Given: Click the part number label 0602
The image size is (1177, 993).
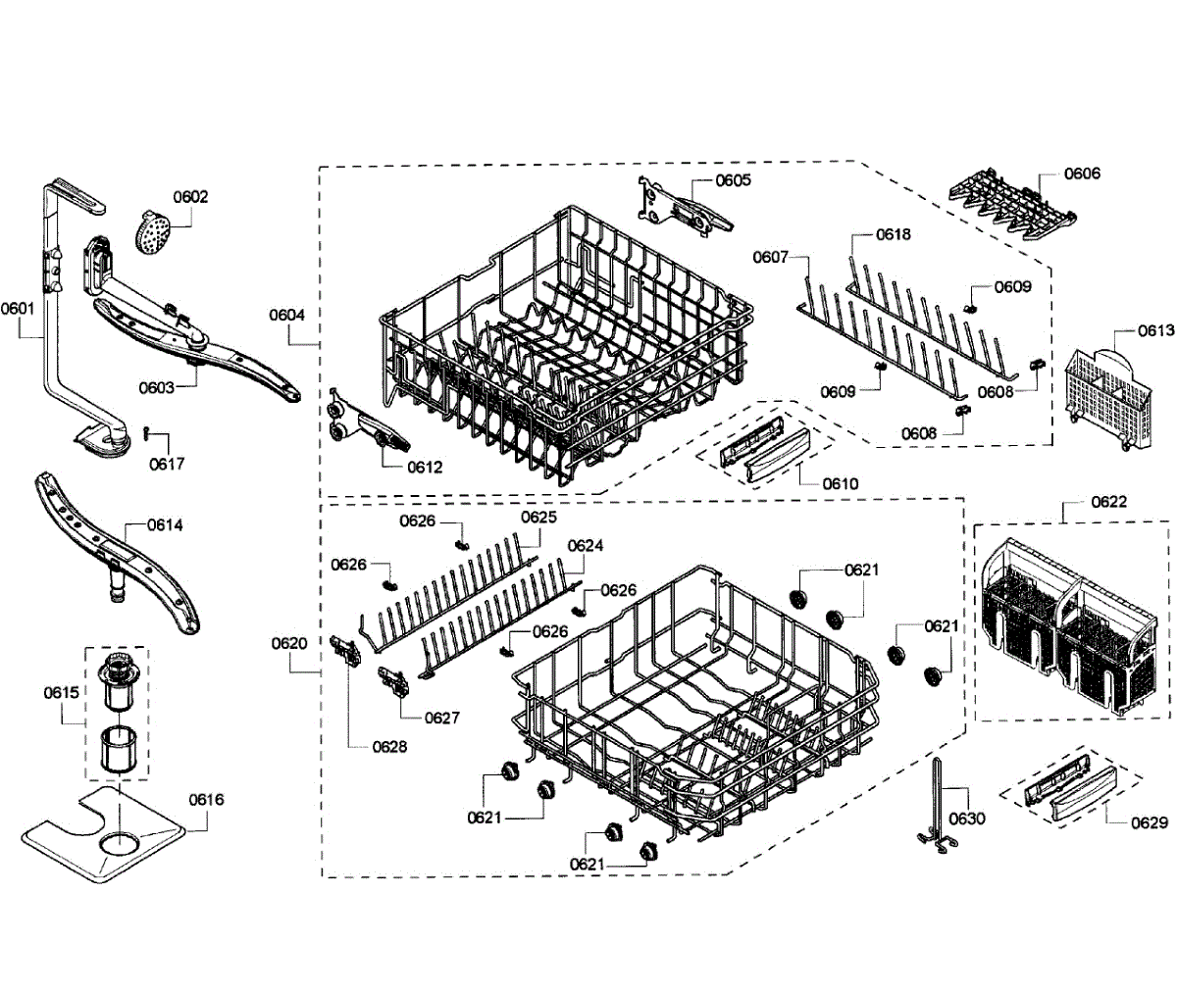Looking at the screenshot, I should coord(190,196).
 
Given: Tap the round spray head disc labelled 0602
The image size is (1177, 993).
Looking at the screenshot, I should coord(149,233).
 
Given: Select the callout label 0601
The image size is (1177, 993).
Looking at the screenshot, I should coord(17,308).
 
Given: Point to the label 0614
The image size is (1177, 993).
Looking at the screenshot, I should coord(165,524).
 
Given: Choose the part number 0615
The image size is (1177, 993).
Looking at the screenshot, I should coord(61,692).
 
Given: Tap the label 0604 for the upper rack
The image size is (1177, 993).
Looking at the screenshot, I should coord(287,315).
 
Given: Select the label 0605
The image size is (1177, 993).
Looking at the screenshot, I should coord(733,180).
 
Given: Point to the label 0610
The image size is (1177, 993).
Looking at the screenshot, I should coord(841,483).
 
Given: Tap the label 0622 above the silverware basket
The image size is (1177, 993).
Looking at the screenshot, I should coord(1108,502).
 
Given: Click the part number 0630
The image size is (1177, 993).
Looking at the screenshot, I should coord(967,819).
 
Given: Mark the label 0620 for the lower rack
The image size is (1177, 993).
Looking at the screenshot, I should coord(289,643).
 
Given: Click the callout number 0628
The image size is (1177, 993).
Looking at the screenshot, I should coord(389,746).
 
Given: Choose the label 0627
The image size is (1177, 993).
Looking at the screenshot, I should coord(441,718).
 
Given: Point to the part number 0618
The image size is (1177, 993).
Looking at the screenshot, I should coord(893,234).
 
